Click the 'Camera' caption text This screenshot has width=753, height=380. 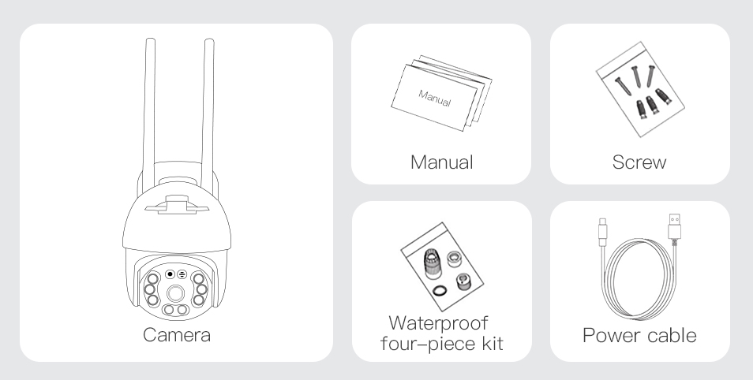click(x=177, y=335)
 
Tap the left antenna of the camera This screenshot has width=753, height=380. click(x=149, y=115)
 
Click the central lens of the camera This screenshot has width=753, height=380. click(x=176, y=293)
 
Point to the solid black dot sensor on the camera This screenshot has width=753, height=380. click(x=170, y=274)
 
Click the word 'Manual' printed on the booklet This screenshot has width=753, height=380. click(x=435, y=99)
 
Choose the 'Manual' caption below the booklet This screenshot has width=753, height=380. click(x=442, y=162)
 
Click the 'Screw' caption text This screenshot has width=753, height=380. click(x=639, y=162)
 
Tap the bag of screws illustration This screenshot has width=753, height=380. click(x=640, y=90)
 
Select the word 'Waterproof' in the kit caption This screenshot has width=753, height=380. click(x=438, y=323)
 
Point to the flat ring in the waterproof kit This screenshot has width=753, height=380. click(x=440, y=290)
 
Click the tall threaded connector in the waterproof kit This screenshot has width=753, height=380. click(x=432, y=263)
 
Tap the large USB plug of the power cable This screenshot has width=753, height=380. click(x=674, y=227)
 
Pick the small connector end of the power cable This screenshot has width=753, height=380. click(x=603, y=233)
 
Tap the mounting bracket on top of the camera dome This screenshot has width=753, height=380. click(x=177, y=205)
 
